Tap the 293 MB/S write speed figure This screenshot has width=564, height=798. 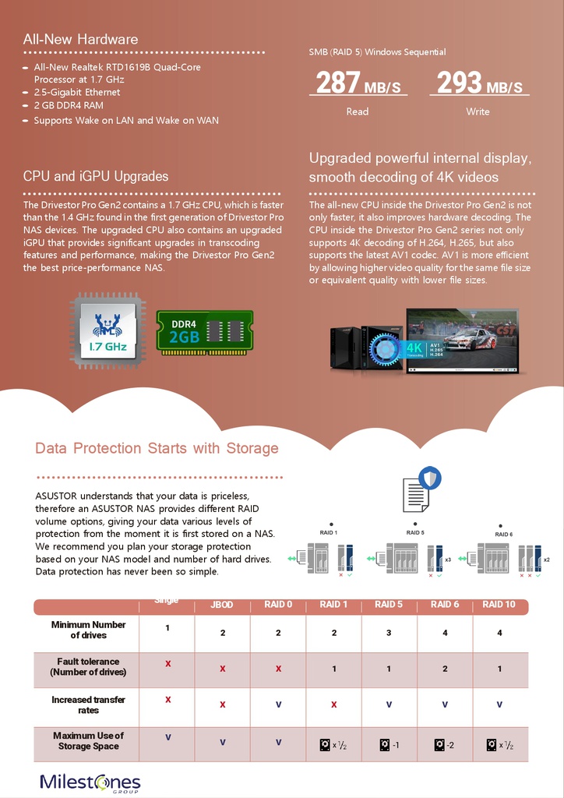point(479,83)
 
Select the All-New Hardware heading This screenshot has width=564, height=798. point(80,39)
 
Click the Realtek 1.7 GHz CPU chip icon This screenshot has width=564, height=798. point(108,330)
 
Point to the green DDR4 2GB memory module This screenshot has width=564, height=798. point(205,330)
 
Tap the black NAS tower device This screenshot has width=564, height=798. point(347,347)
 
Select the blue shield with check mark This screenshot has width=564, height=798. point(429,477)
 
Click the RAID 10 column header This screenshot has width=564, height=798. point(499,604)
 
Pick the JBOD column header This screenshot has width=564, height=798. point(222,605)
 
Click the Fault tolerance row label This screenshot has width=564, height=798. point(88,667)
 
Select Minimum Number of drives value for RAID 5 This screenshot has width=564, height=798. point(389,633)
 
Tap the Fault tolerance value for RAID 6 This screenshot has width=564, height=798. point(445,669)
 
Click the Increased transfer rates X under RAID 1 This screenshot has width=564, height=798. point(333,704)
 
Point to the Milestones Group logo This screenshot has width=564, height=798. point(90,782)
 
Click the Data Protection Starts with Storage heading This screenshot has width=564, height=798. point(157,448)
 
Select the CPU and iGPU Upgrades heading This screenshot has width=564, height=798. point(95,176)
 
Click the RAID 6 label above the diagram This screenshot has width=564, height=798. point(503,535)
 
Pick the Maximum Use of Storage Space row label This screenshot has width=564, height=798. point(88,740)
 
